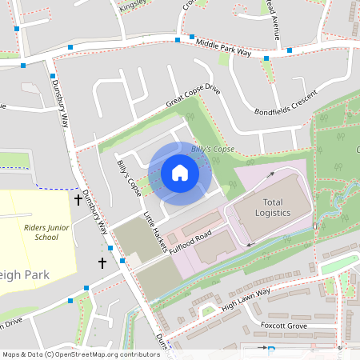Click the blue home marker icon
[x=179, y=172]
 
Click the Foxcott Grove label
[x=284, y=326]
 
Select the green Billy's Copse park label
[x=212, y=150]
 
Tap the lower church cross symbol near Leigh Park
[x=102, y=262]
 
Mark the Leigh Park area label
[x=25, y=274]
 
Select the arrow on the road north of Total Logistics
[x=270, y=174]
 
